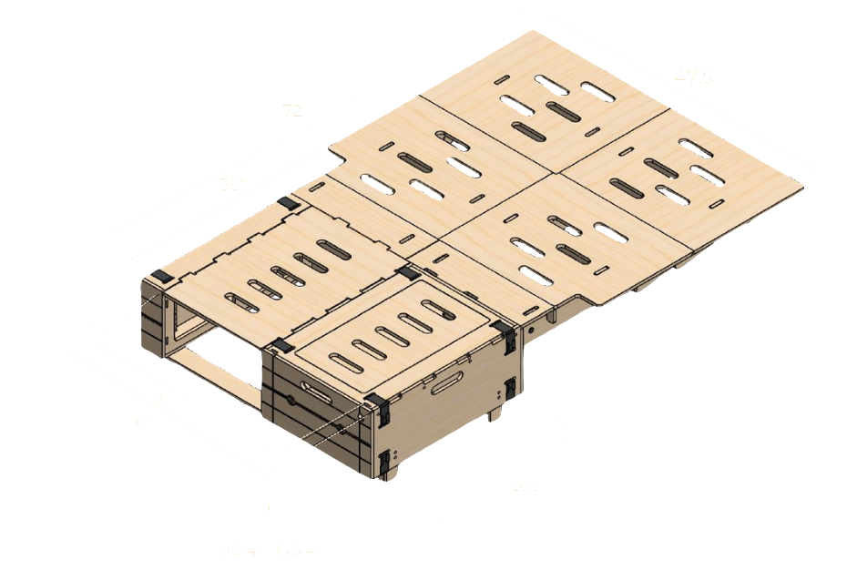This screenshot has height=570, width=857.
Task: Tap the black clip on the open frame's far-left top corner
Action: (161, 274)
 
